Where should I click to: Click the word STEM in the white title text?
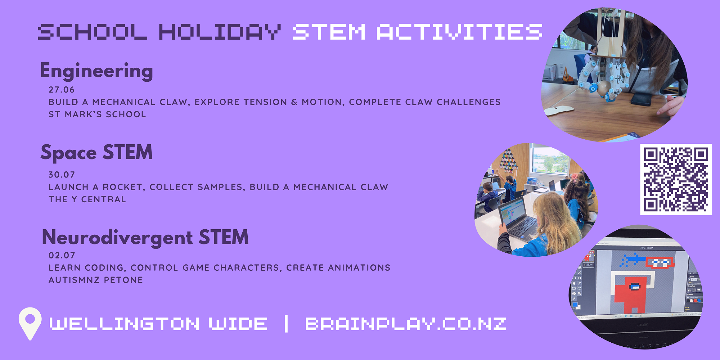(329, 32)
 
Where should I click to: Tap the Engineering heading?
(96, 71)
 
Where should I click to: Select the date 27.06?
(62, 90)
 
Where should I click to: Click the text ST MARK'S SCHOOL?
(97, 114)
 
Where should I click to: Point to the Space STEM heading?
(96, 152)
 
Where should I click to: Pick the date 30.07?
(62, 175)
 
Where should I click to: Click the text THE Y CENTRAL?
(87, 199)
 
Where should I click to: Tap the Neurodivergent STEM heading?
(145, 237)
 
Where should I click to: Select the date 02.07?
(62, 255)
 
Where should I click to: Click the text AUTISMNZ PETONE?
(96, 280)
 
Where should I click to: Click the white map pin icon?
(30, 323)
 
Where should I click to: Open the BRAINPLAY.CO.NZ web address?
(406, 324)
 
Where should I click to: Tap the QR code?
(676, 179)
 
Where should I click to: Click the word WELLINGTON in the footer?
(124, 324)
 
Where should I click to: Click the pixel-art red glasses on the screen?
(660, 262)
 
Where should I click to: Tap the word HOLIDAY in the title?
(220, 32)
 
